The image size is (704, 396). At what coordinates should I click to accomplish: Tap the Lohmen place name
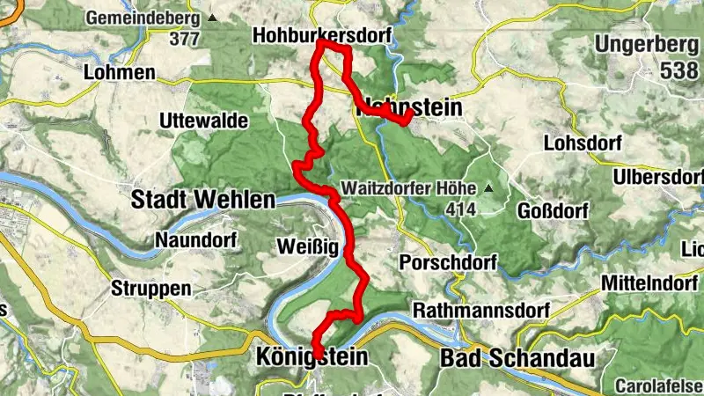(120, 73)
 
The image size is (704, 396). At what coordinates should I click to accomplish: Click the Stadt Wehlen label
(202, 200)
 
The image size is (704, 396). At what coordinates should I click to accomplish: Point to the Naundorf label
(192, 239)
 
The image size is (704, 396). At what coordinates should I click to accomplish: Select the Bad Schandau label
(516, 358)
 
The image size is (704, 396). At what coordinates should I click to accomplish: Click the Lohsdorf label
(583, 143)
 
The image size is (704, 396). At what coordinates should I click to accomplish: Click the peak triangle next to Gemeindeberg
(212, 17)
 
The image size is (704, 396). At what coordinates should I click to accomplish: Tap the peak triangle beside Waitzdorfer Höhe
(487, 189)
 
